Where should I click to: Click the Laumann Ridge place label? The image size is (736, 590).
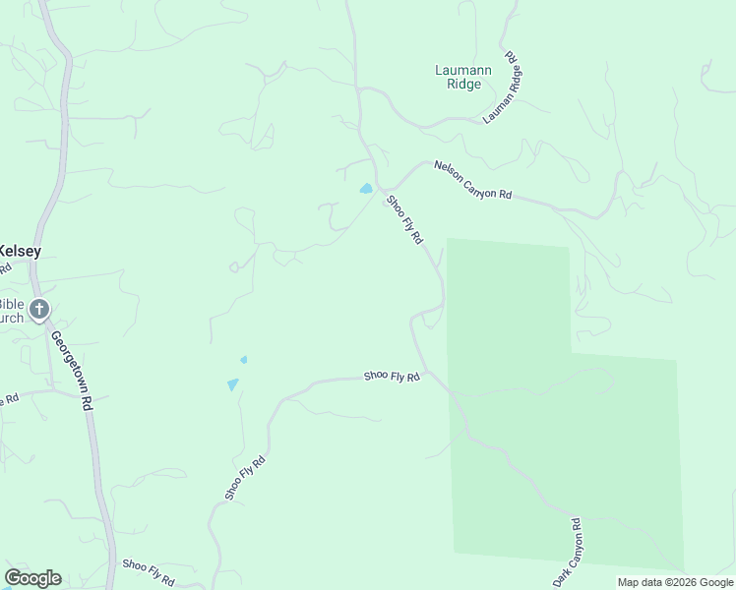pyautogui.click(x=458, y=77)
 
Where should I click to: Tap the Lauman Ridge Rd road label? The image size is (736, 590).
pyautogui.click(x=503, y=88)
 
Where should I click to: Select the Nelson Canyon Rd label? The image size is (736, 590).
pyautogui.click(x=473, y=180)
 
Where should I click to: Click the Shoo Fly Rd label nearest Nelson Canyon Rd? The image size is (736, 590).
pyautogui.click(x=404, y=220)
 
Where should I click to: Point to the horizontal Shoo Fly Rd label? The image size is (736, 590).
pyautogui.click(x=392, y=376)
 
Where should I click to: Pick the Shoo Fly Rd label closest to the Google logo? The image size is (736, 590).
pyautogui.click(x=148, y=567)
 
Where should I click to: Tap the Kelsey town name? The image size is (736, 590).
pyautogui.click(x=20, y=251)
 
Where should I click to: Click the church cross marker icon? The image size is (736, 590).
pyautogui.click(x=39, y=311)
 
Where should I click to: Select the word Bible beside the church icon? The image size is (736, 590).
pyautogui.click(x=12, y=305)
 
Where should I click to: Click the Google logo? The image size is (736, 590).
pyautogui.click(x=32, y=578)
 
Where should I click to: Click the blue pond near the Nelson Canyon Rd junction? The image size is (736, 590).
pyautogui.click(x=366, y=189)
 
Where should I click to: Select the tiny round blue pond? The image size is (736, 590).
pyautogui.click(x=244, y=360)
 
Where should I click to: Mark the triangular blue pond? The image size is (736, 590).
pyautogui.click(x=232, y=384)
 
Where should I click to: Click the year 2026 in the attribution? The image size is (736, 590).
pyautogui.click(x=683, y=582)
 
